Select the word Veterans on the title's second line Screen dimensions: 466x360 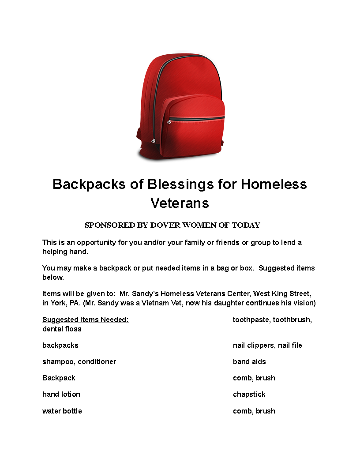coord(180,203)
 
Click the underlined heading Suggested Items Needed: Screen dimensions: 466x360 coord(86,319)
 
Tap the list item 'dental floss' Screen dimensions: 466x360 coord(62,329)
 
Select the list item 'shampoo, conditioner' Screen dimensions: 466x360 coord(79,361)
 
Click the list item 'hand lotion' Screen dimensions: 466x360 coord(61,394)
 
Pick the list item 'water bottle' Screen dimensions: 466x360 coord(62,411)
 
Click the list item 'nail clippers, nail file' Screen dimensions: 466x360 coord(267,345)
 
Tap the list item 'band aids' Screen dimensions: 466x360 coord(249,361)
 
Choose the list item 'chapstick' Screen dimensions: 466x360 coord(249,394)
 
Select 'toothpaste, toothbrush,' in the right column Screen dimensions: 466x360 coord(272,319)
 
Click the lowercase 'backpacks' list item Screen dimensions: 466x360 coord(60,345)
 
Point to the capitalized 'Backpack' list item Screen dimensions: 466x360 coord(59,378)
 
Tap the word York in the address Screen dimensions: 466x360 coord(59,303)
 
